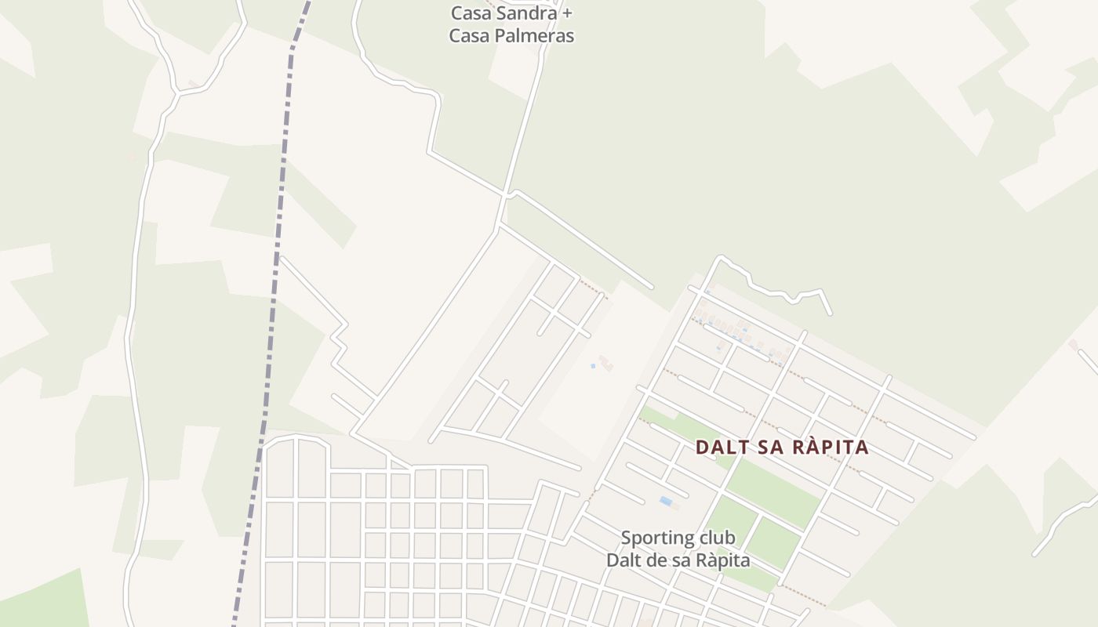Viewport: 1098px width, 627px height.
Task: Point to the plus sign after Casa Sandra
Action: (x=568, y=13)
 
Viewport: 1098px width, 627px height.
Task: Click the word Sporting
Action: (x=656, y=538)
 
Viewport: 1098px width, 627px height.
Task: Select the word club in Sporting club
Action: (x=717, y=538)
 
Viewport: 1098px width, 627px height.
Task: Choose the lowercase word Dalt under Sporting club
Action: (x=624, y=560)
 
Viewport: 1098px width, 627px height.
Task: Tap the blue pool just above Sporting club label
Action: (x=666, y=501)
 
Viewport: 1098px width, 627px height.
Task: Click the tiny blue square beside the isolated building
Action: (x=592, y=365)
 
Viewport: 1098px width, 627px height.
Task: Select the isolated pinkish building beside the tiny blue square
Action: (x=605, y=362)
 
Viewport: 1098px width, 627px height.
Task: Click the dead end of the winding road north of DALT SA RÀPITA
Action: (x=830, y=313)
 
